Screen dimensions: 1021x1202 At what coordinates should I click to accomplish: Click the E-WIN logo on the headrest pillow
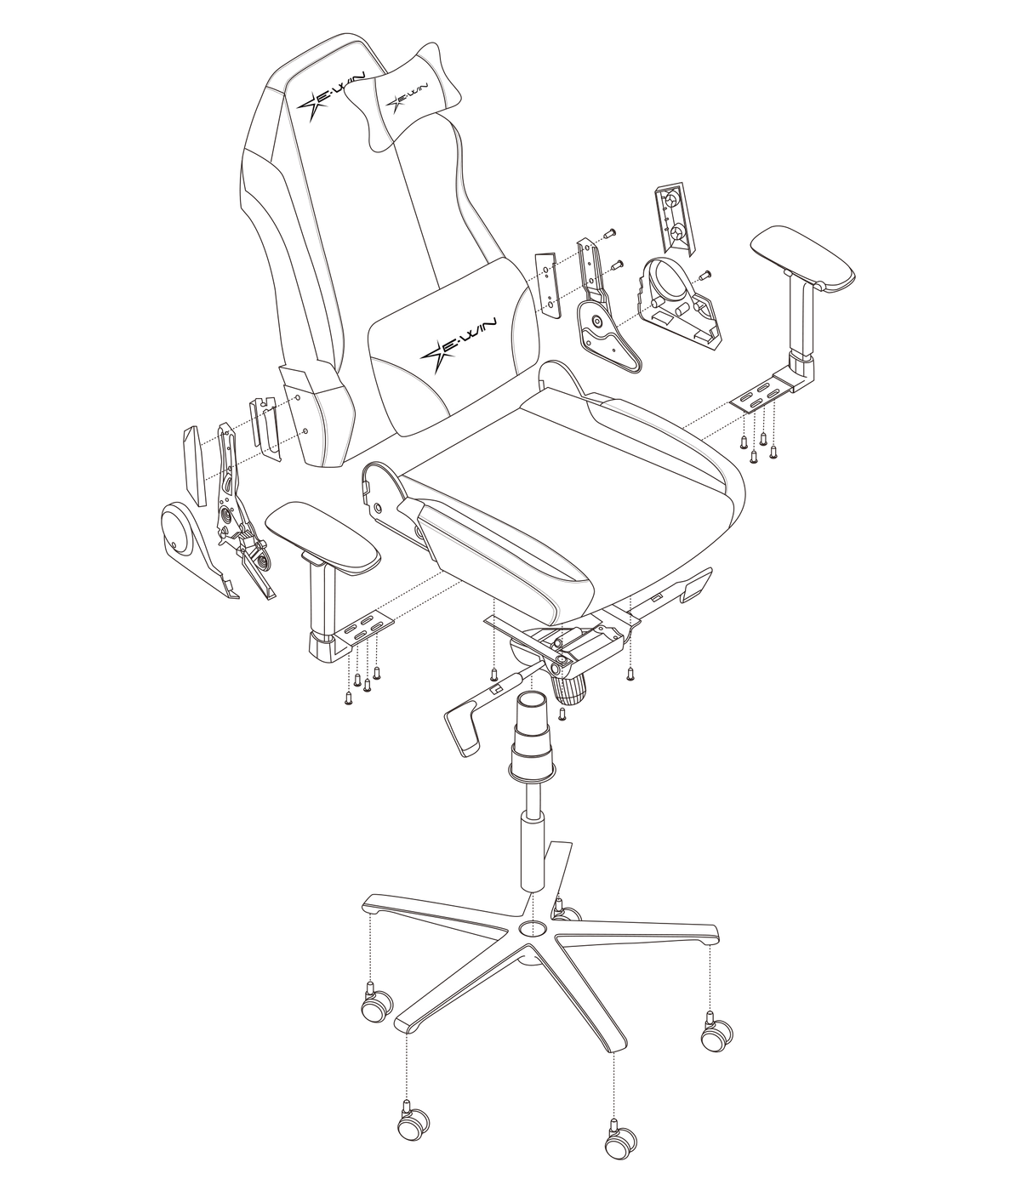(x=408, y=97)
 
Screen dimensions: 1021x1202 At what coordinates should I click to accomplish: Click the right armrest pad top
(x=803, y=257)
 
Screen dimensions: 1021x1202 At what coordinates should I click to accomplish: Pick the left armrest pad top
(x=322, y=537)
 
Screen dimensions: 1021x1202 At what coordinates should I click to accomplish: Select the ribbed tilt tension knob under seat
(x=570, y=688)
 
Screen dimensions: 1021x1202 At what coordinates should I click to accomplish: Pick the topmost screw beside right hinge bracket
(x=609, y=233)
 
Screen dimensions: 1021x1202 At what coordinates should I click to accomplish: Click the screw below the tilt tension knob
(x=562, y=715)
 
